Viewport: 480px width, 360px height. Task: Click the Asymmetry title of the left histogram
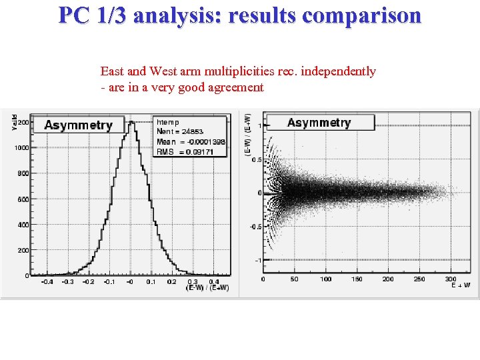click(x=78, y=125)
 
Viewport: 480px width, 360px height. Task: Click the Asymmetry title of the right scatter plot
click(x=319, y=123)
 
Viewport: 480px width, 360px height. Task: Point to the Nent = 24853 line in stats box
click(x=180, y=132)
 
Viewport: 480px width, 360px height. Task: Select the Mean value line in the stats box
click(x=191, y=142)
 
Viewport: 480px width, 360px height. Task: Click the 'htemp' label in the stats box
click(x=167, y=123)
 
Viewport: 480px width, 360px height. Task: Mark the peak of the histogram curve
click(x=132, y=122)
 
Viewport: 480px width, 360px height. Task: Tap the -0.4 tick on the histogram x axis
click(x=47, y=282)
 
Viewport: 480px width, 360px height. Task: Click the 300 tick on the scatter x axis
click(x=451, y=279)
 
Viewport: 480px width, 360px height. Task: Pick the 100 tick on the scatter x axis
click(x=325, y=279)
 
